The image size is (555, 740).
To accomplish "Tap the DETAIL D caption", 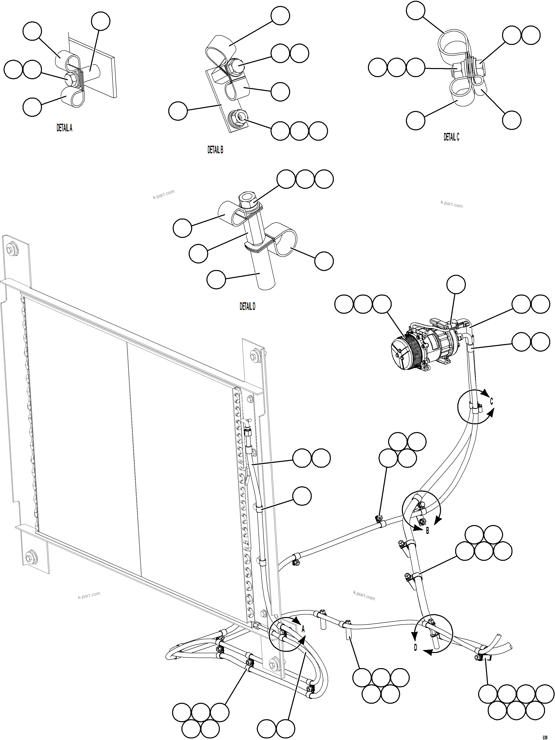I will click(x=247, y=307).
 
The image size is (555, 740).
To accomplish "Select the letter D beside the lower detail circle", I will click(x=416, y=648).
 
